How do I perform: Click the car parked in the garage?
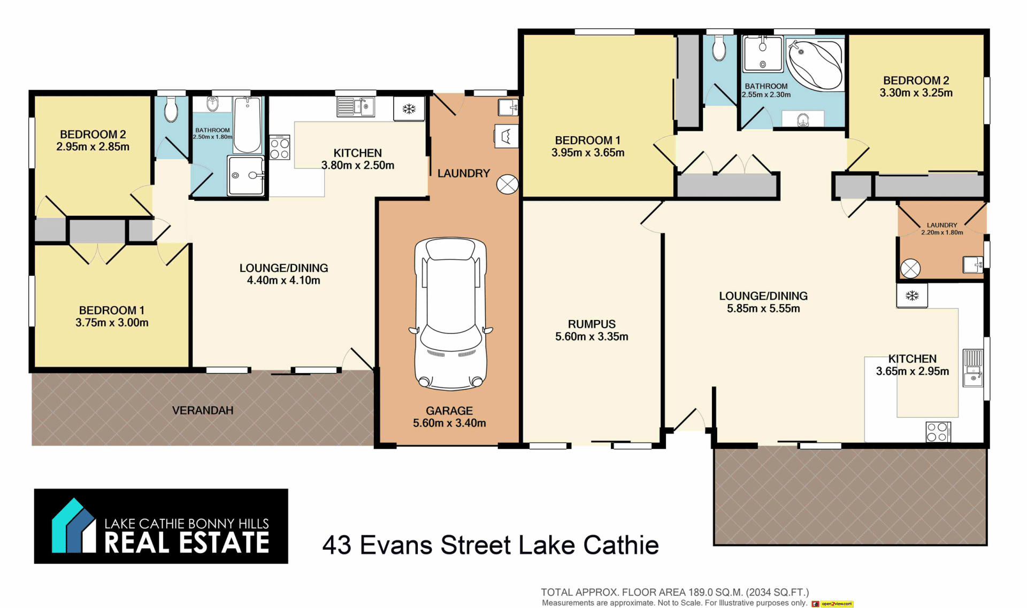451,314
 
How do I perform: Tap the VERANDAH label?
203,410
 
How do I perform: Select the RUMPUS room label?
592,324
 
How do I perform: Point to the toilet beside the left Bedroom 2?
171,109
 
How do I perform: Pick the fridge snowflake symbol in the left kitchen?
409,109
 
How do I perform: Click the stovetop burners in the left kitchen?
279,147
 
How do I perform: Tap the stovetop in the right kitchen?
938,432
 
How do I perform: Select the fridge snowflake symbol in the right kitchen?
912,295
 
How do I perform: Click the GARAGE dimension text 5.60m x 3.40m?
449,423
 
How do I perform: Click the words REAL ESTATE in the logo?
187,543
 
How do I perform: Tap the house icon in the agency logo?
73,526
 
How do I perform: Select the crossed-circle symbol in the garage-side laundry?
507,184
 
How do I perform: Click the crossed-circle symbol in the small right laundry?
910,269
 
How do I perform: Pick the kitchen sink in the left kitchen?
356,107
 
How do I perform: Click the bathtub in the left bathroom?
247,125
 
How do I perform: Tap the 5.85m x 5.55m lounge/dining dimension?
763,308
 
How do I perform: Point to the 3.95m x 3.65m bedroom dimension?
588,152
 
